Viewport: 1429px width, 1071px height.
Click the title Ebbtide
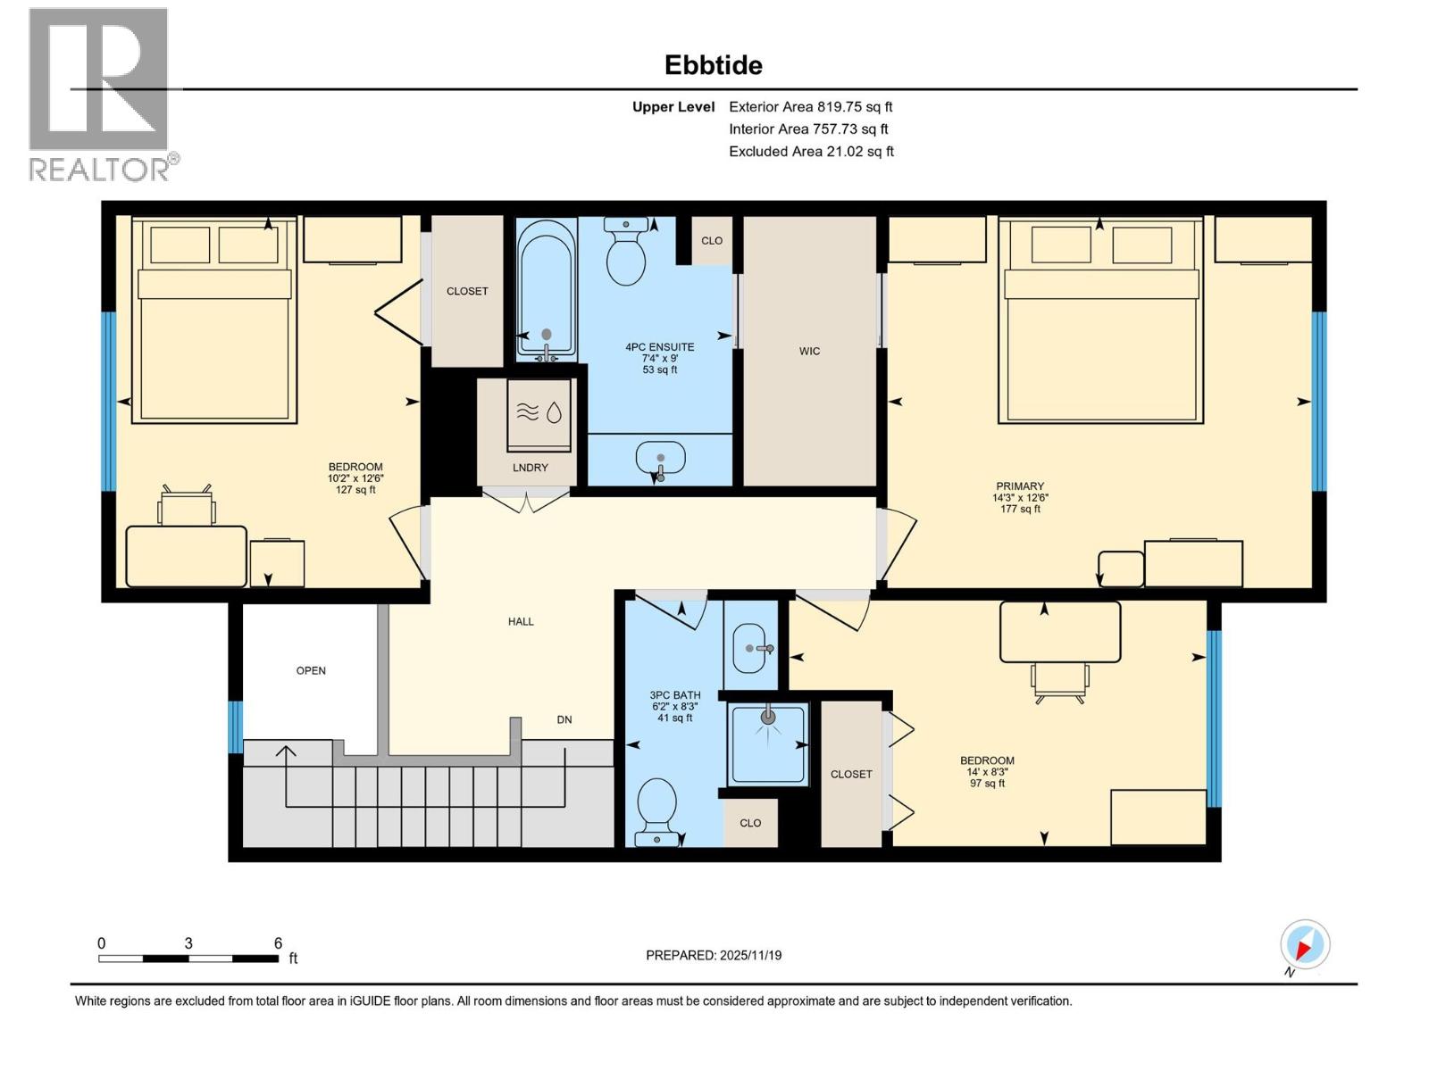[x=713, y=65]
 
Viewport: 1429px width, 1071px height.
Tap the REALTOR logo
[x=100, y=94]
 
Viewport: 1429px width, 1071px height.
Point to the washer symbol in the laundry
[x=539, y=415]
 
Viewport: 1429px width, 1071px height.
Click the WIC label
[x=809, y=351]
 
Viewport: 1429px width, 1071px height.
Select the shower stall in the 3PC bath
[x=768, y=744]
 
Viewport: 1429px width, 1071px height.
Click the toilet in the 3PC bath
[x=657, y=809]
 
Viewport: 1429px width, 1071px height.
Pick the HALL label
[x=521, y=621]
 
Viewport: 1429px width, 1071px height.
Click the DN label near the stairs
[x=564, y=719]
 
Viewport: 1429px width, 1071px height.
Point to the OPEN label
[x=311, y=670]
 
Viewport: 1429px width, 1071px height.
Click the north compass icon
[x=1305, y=945]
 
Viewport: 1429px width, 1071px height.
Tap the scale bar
[x=188, y=959]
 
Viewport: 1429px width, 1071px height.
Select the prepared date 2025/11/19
[x=714, y=955]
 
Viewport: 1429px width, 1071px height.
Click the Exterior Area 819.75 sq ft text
[x=810, y=106]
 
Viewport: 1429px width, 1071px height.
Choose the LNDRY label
[x=531, y=468]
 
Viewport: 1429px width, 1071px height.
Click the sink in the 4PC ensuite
[x=660, y=459]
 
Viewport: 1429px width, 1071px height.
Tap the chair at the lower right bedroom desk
[x=1060, y=682]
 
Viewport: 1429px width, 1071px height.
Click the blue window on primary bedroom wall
[x=1318, y=401]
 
